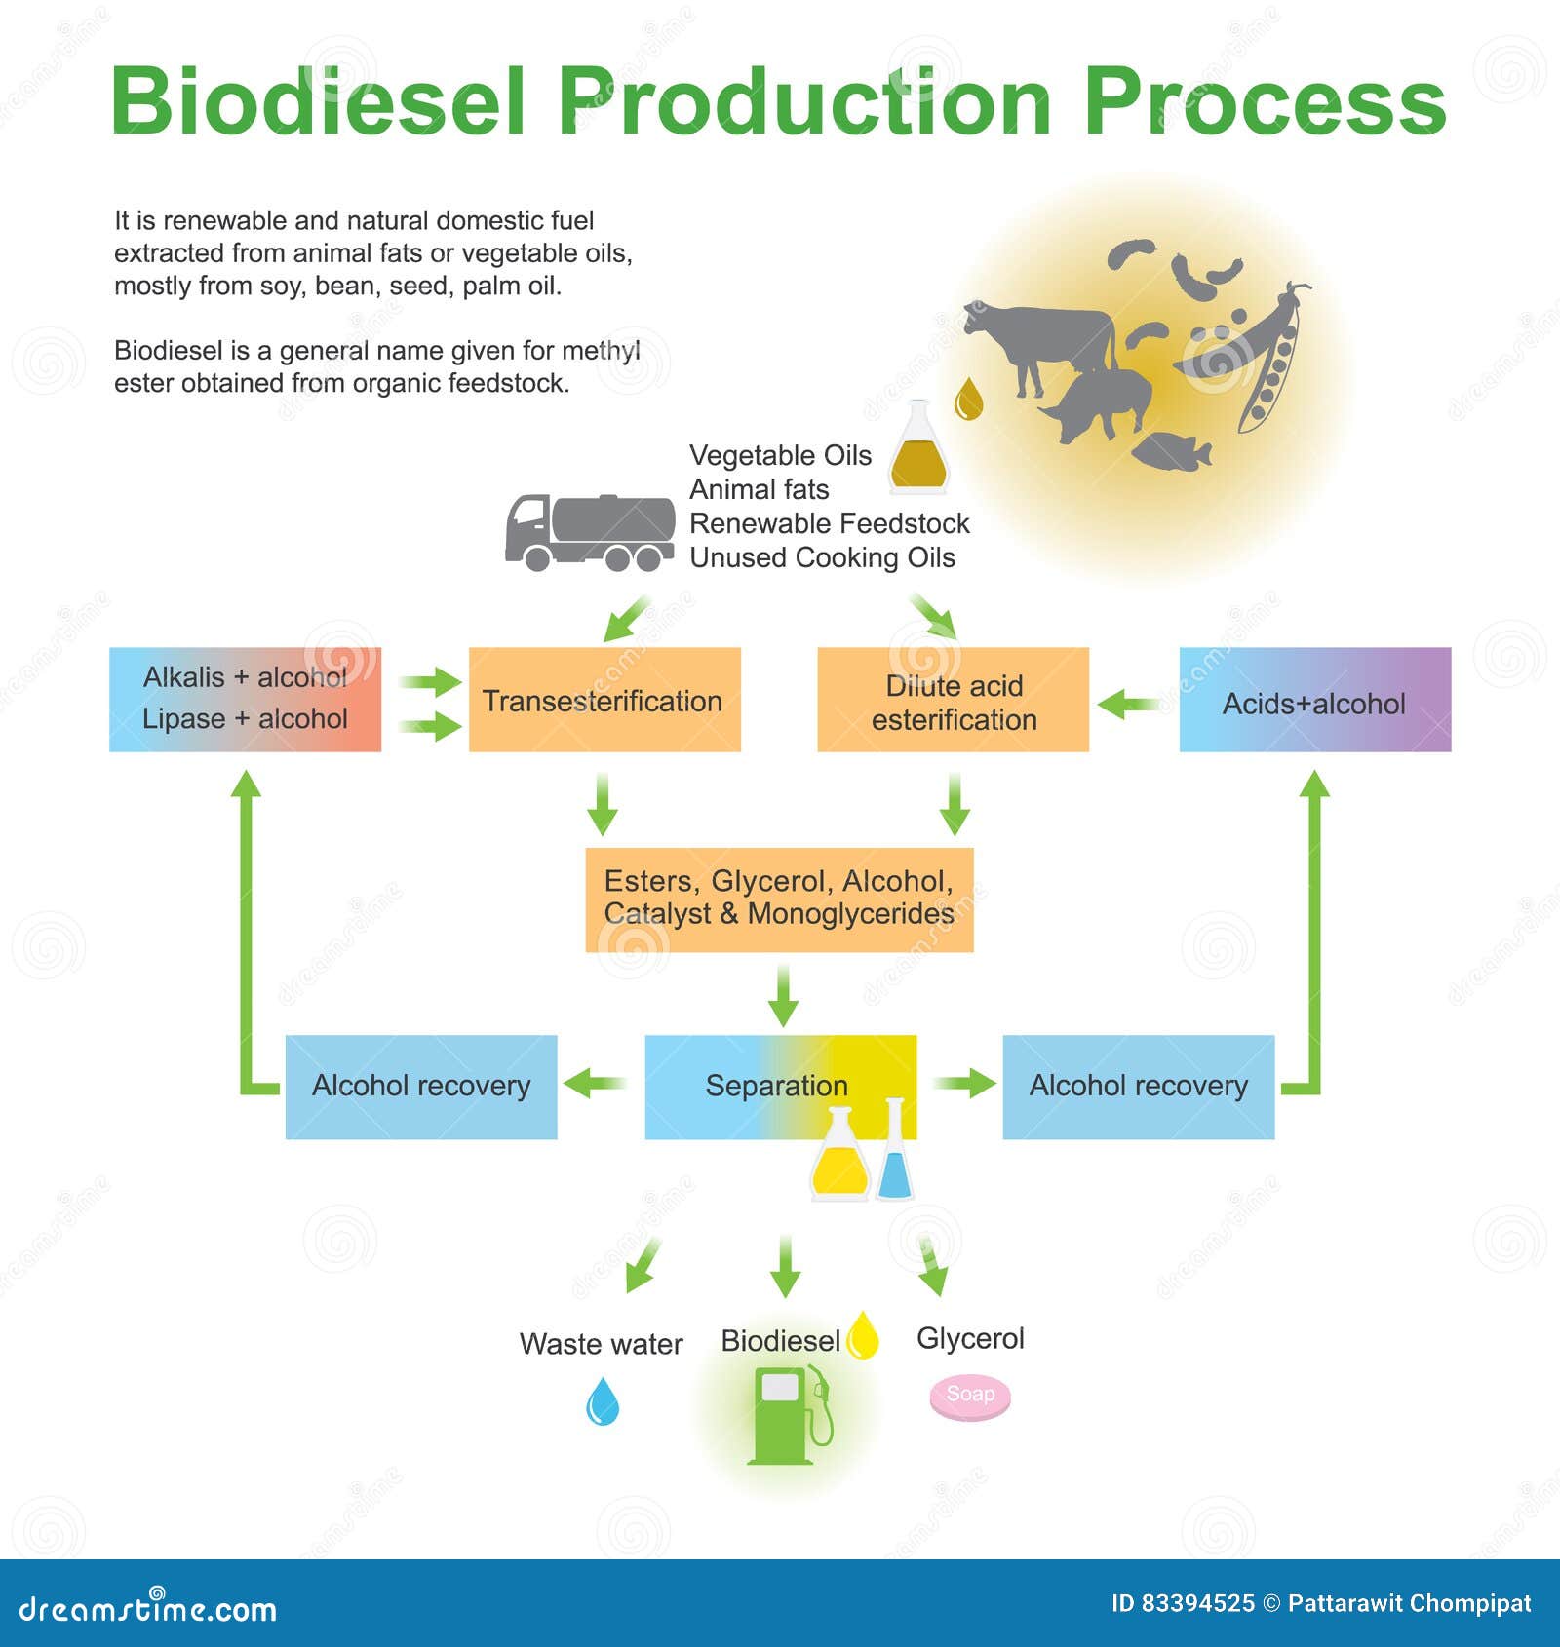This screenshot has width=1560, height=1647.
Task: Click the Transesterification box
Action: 604,700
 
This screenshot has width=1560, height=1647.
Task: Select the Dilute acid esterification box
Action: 953,700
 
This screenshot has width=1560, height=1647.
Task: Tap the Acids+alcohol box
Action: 1314,700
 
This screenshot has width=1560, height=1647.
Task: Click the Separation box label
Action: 776,1086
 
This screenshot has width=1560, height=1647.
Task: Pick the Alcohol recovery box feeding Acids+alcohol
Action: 1138,1087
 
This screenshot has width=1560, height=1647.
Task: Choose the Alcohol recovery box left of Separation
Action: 420,1087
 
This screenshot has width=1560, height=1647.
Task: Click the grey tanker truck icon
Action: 589,532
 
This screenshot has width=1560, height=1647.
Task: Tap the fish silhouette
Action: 1172,452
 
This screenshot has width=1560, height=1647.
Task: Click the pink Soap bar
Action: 969,1397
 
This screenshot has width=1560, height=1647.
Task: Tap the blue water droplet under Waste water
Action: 603,1401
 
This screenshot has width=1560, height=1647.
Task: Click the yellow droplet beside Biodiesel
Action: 862,1335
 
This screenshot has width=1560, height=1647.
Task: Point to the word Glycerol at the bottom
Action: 970,1339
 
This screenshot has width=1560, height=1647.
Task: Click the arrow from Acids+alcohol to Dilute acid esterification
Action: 1129,703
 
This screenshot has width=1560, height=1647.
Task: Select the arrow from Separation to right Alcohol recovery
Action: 964,1083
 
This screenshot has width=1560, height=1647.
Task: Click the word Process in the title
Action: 1265,102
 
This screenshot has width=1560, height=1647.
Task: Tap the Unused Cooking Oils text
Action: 822,558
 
